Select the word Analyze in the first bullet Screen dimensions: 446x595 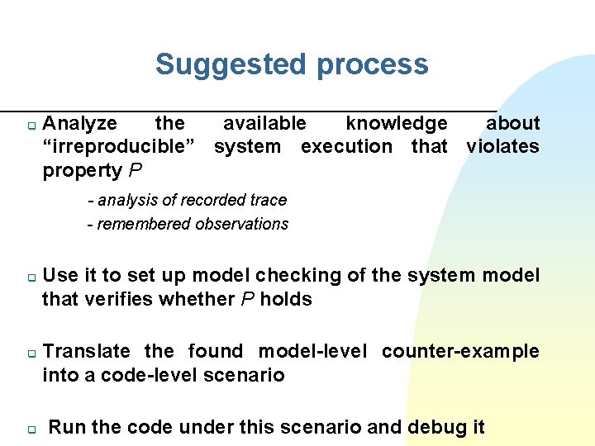(79, 124)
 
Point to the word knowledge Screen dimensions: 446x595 (397, 124)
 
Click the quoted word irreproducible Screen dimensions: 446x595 (119, 147)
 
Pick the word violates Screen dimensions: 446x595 (502, 147)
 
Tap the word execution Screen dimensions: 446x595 (347, 147)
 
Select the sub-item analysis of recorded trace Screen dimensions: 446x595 (188, 200)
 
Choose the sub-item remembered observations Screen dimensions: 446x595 (188, 224)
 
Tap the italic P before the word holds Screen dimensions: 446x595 (247, 299)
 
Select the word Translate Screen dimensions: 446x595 (86, 352)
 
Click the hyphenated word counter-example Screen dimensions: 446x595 (460, 352)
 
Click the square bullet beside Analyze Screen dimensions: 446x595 (30, 126)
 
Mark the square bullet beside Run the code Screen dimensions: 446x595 (30, 430)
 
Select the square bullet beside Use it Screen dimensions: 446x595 (30, 278)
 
